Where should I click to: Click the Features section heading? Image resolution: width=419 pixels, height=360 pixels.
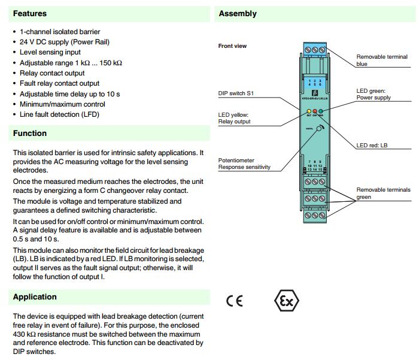click(29, 13)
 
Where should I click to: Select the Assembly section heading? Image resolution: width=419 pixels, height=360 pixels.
click(238, 13)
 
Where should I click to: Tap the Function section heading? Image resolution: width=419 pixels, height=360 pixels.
click(30, 133)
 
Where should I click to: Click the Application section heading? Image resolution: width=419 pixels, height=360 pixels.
click(35, 297)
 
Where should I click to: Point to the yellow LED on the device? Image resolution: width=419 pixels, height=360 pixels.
click(308, 111)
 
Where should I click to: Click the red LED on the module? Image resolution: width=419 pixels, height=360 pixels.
click(315, 111)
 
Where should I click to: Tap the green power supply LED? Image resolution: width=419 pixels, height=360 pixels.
click(321, 111)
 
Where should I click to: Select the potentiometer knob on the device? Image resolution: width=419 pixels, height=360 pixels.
click(320, 128)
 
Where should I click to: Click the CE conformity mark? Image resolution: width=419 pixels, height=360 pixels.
click(235, 301)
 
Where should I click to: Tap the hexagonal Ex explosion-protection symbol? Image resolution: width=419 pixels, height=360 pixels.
click(286, 300)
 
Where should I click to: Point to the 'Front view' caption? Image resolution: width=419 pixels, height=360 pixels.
click(232, 46)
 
